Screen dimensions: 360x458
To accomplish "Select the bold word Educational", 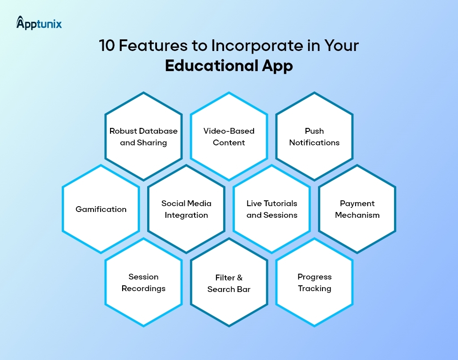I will pos(210,66).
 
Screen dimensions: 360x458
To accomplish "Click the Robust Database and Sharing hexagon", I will pos(144,136).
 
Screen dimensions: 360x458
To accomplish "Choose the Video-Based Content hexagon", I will pos(229,136).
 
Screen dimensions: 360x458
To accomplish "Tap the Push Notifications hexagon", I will pos(314,136).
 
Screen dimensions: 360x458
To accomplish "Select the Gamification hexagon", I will pos(101,209).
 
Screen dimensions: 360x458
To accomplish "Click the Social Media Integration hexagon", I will pos(187,209).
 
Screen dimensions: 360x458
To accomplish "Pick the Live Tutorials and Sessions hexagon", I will pos(272,209).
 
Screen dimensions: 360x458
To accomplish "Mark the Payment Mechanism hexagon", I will pos(357,209).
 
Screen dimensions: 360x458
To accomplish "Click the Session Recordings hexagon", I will pos(144,282).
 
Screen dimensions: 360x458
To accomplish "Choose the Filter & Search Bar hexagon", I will pos(229,283).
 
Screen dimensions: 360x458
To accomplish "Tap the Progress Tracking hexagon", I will pos(314,282).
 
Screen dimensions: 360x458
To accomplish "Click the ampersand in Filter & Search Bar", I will pos(240,278).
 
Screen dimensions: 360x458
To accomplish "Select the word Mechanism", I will pos(357,215).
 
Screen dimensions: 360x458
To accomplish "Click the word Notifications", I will pos(314,143).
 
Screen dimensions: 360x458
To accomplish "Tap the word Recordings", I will pos(144,288).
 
